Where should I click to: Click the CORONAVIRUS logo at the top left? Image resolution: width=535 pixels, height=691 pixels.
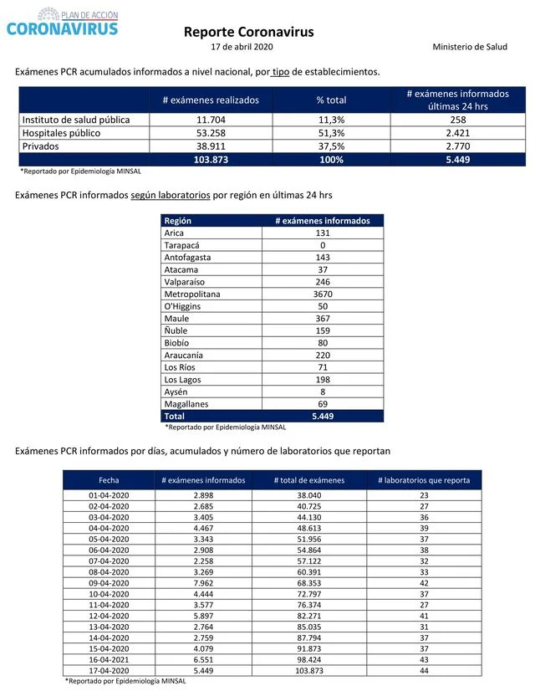point(62,23)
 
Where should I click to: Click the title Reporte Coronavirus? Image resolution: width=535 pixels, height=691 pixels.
point(248,32)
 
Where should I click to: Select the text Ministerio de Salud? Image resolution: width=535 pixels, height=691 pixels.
point(470,47)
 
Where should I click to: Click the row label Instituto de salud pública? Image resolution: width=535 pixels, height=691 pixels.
point(76,120)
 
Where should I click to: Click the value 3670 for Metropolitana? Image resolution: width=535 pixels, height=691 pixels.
point(322,293)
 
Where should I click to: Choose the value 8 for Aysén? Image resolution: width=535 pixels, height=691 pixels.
point(322,391)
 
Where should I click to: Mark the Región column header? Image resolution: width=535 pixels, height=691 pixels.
point(180,221)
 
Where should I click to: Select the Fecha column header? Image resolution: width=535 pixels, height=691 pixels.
point(109,480)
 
